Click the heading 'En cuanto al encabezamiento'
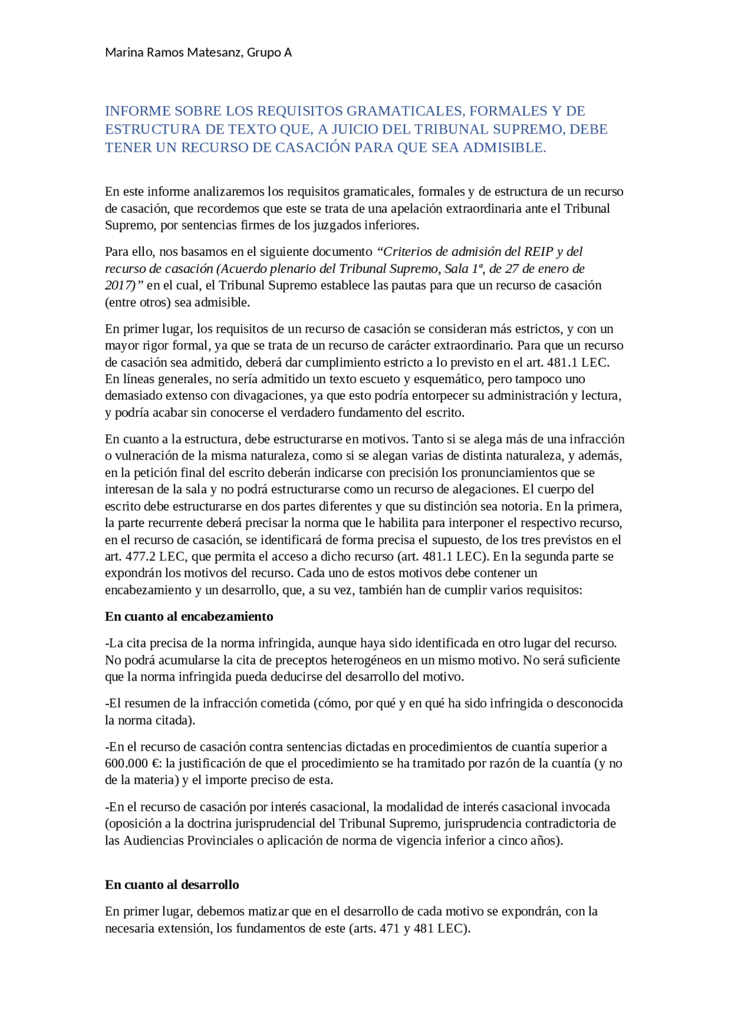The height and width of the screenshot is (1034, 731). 189,616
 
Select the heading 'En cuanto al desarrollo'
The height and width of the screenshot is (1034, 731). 172,884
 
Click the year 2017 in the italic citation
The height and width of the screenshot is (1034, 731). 117,285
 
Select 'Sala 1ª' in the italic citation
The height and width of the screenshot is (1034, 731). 464,268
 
